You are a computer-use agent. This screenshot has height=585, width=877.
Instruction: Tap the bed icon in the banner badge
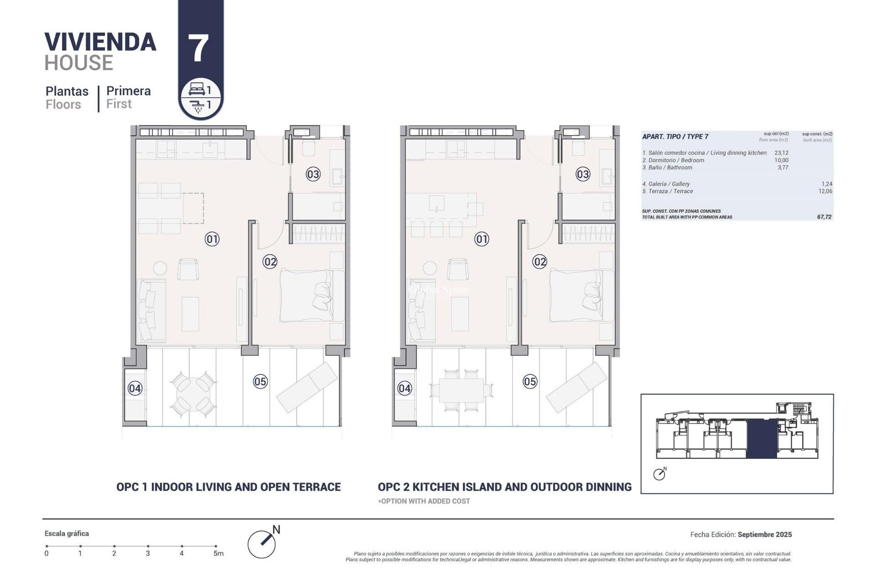point(196,89)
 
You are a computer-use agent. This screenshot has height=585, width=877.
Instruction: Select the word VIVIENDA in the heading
point(100,42)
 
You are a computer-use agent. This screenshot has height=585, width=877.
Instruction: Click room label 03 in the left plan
point(313,174)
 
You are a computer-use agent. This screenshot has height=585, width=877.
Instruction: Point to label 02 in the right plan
point(539,262)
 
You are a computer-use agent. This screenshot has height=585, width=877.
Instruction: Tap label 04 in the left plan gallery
point(135,388)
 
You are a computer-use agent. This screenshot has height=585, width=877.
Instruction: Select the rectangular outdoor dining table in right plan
point(461,391)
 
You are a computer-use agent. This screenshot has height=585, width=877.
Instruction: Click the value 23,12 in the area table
point(781,153)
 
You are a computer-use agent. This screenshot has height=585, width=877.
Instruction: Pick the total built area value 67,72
point(824,217)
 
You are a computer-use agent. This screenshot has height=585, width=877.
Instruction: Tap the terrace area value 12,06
point(825,191)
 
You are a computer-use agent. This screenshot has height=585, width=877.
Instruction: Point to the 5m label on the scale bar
point(218,553)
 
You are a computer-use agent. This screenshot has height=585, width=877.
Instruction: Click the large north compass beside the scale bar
point(262,544)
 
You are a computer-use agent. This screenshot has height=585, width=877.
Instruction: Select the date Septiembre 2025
point(765,534)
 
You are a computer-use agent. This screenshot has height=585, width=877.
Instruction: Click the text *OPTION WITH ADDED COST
point(424,501)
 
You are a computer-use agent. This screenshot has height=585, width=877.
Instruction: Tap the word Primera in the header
point(128,91)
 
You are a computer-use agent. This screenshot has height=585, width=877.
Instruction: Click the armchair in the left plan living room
point(188,269)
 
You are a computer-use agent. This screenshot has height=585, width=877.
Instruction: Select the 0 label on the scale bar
point(47,553)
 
